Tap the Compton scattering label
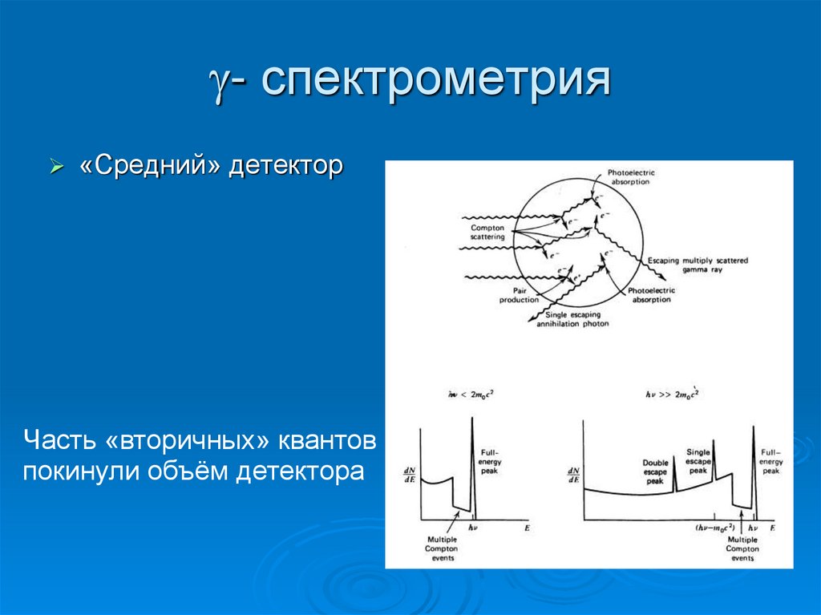(487, 233)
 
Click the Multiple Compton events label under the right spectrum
(742, 549)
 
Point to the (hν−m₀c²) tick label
(716, 529)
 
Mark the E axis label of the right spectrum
(772, 529)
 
